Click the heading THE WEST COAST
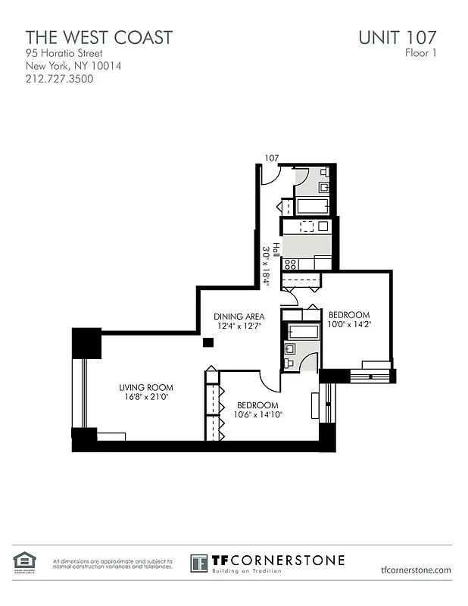[99, 37]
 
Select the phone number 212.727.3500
[60, 78]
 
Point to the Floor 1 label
[422, 53]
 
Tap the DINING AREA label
[239, 317]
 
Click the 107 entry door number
[271, 158]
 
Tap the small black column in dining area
[208, 342]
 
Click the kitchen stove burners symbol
[290, 264]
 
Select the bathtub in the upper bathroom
[310, 206]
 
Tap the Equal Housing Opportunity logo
[24, 561]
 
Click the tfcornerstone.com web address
[417, 570]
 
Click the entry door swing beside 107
[270, 174]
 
